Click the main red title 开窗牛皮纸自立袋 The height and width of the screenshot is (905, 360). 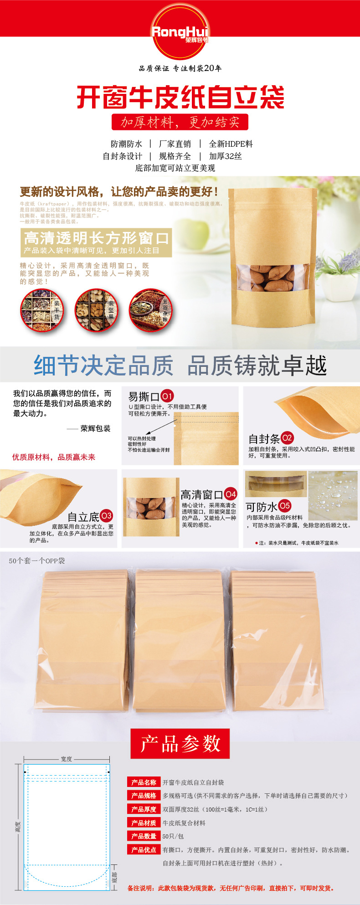pyautogui.click(x=180, y=97)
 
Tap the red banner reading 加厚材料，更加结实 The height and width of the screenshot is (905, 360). pyautogui.click(x=180, y=122)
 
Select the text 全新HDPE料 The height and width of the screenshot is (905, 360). pyautogui.click(x=231, y=144)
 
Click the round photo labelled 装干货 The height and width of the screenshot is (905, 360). pyautogui.click(x=42, y=310)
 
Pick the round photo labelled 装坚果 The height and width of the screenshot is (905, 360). pyautogui.click(x=96, y=310)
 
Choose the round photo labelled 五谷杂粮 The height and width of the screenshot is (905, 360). pyautogui.click(x=150, y=310)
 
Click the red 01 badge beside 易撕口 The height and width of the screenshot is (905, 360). pyautogui.click(x=167, y=396)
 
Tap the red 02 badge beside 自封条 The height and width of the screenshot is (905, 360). pyautogui.click(x=287, y=438)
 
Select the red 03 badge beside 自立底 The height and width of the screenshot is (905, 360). pyautogui.click(x=106, y=516)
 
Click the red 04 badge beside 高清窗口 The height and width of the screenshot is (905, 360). pyautogui.click(x=231, y=494)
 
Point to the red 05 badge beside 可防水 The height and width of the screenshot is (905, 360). pyautogui.click(x=284, y=505)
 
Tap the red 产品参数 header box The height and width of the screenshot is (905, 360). pyautogui.click(x=180, y=744)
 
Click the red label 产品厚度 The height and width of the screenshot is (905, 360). pyautogui.click(x=144, y=809)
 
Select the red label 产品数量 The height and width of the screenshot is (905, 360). pyautogui.click(x=144, y=836)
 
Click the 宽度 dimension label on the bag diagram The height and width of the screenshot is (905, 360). pyautogui.click(x=67, y=759)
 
